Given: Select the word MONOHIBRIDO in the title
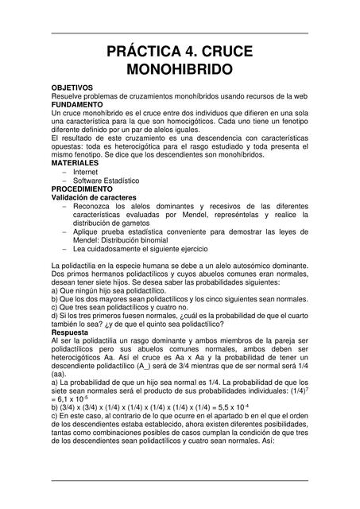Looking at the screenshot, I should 180,70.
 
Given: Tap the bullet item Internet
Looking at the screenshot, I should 86,171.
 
